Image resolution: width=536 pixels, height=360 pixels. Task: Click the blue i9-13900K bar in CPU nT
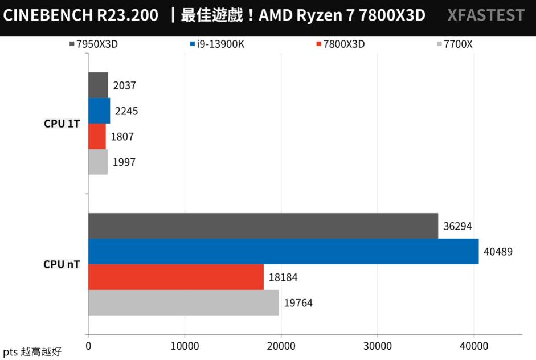283,251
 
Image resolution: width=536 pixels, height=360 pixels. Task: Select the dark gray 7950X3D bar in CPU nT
263,226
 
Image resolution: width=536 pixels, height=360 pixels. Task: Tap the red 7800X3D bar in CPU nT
175,277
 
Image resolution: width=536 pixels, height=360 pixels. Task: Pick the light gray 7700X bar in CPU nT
183,302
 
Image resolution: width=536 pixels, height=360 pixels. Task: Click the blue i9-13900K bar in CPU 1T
99,111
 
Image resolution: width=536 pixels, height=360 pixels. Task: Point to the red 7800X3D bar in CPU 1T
97,136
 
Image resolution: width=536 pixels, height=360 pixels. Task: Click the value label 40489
498,251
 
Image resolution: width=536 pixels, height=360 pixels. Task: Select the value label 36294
457,226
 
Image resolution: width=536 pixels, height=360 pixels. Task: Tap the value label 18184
283,277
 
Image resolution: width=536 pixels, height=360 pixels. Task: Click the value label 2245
126,111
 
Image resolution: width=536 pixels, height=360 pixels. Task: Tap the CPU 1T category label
62,124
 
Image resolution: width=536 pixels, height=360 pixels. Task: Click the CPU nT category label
62,264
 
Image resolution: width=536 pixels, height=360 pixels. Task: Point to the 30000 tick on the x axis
378,346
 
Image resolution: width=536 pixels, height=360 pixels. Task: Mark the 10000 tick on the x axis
185,346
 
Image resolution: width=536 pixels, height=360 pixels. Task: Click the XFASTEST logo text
486,15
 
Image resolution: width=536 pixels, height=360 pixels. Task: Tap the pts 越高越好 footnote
32,352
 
